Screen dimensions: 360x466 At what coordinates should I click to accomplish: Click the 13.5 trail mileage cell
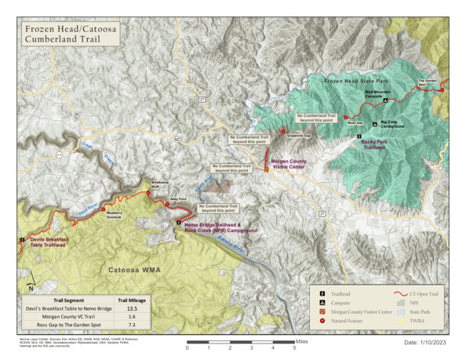pos(131,309)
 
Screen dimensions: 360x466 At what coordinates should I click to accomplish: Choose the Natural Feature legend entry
pos(352,322)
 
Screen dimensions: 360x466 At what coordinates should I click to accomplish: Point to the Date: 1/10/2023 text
pos(424,343)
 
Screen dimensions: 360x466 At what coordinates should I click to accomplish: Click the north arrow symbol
pos(29,284)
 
